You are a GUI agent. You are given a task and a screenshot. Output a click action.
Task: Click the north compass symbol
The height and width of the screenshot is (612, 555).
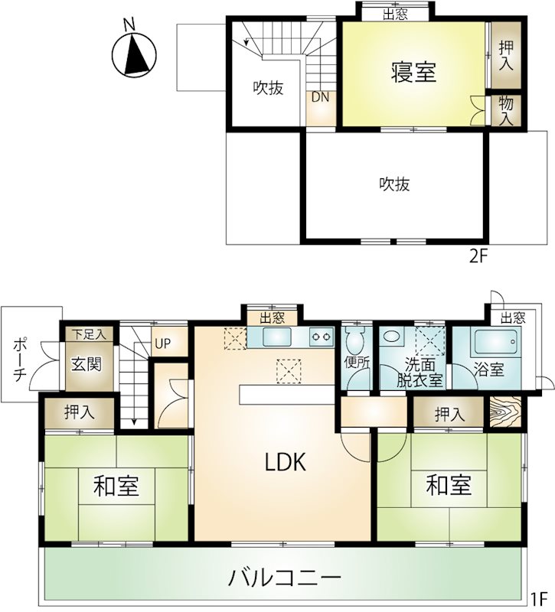click(x=134, y=54)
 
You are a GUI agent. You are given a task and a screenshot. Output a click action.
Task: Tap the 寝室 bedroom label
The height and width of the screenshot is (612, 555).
click(x=413, y=72)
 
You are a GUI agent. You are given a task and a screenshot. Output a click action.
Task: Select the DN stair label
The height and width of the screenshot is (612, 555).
click(x=320, y=97)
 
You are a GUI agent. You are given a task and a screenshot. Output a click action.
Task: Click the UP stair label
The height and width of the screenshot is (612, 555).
click(x=162, y=343)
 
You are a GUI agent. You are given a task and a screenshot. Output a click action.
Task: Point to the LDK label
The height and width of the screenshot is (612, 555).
click(x=285, y=462)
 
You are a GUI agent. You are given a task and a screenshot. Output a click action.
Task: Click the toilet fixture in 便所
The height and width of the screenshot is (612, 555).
click(x=354, y=340)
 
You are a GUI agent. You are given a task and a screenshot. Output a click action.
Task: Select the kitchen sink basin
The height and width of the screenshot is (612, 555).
click(x=277, y=337)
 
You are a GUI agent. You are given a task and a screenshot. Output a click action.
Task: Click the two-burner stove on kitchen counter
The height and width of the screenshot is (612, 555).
click(x=322, y=337)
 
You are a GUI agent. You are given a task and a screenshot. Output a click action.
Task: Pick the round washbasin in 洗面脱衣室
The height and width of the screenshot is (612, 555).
click(x=390, y=337)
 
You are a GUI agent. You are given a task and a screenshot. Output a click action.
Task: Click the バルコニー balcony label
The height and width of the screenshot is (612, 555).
click(x=285, y=578)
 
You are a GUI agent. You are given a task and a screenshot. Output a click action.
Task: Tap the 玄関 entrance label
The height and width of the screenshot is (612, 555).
click(x=87, y=364)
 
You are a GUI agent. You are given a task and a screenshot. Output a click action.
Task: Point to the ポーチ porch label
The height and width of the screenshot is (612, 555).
click(x=20, y=360)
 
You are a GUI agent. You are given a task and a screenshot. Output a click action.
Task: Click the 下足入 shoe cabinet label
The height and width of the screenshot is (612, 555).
click(x=89, y=334)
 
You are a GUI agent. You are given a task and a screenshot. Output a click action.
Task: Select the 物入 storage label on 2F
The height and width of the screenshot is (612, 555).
click(x=506, y=111)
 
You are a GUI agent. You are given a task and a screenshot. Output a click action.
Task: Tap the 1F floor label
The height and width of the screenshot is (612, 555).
click(x=538, y=597)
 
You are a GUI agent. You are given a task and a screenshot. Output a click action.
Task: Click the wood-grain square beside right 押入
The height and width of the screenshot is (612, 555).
click(x=505, y=412)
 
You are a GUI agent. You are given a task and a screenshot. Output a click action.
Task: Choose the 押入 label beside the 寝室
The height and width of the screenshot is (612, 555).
click(x=506, y=55)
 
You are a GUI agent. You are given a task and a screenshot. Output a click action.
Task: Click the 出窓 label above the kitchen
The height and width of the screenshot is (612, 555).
click(x=273, y=318)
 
